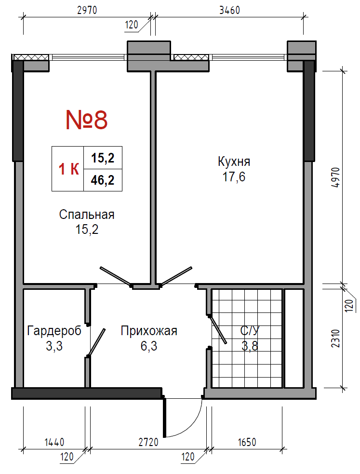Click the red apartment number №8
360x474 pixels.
[x=87, y=120]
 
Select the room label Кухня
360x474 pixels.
[x=234, y=162]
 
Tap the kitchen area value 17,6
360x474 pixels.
[x=234, y=177]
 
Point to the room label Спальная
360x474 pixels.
[x=87, y=215]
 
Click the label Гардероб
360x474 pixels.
[x=54, y=331]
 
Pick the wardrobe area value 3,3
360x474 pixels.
[x=54, y=346]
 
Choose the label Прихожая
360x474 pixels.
[x=149, y=331]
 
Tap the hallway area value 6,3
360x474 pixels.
[x=149, y=346]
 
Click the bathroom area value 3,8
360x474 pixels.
[x=250, y=345]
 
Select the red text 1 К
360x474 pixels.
[x=69, y=169]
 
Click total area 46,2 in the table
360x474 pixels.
[x=103, y=180]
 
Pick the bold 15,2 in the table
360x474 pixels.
[x=103, y=158]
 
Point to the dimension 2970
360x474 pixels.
[x=87, y=10]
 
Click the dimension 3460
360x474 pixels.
[x=229, y=10]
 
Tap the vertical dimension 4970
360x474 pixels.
[x=336, y=178]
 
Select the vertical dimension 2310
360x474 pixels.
[x=336, y=338]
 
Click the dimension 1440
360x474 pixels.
[x=54, y=442]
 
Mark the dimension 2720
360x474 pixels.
[x=148, y=442]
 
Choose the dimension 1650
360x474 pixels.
[x=247, y=442]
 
